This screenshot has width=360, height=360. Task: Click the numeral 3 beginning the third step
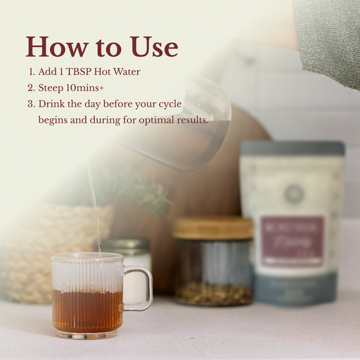pyautogui.click(x=30, y=104)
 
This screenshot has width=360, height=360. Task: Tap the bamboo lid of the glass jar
pyautogui.click(x=213, y=228)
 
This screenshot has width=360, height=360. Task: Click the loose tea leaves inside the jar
pyautogui.click(x=213, y=293)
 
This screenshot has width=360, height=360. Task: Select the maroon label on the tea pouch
pyautogui.click(x=292, y=240)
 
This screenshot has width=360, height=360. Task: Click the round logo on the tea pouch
pyautogui.click(x=293, y=194)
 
